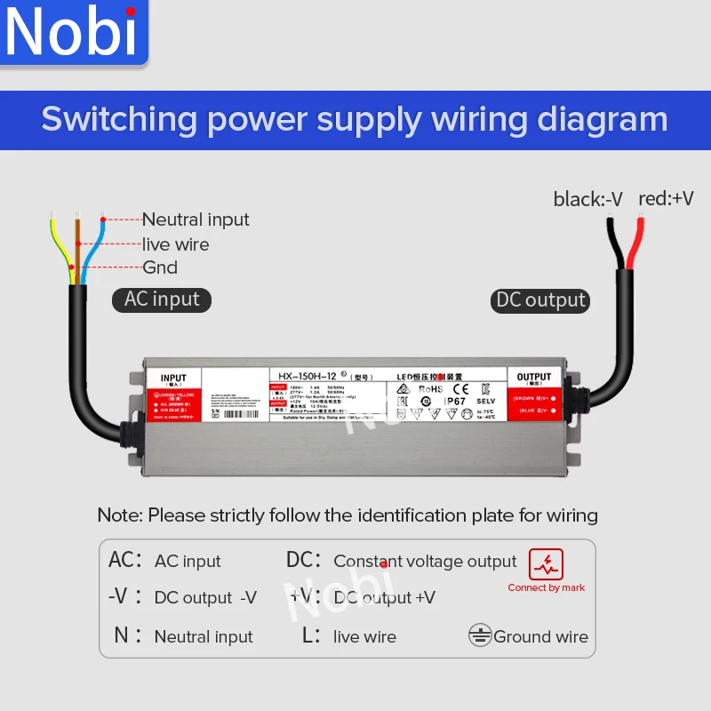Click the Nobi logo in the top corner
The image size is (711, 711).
click(71, 33)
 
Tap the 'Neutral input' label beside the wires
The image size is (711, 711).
click(196, 220)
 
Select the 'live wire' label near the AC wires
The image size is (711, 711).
click(176, 244)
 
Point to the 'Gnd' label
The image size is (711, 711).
click(160, 268)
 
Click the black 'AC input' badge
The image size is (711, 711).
click(162, 300)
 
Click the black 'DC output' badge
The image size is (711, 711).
click(540, 300)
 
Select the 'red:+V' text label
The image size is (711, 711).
click(666, 198)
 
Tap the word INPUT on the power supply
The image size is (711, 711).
click(173, 379)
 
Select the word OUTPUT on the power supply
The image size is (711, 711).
click(534, 378)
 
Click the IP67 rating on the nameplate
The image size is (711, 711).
click(456, 401)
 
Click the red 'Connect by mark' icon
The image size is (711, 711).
click(546, 563)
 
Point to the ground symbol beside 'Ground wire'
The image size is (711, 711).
click(480, 635)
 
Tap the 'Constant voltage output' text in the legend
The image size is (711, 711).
click(425, 561)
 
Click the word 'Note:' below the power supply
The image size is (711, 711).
click(120, 515)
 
